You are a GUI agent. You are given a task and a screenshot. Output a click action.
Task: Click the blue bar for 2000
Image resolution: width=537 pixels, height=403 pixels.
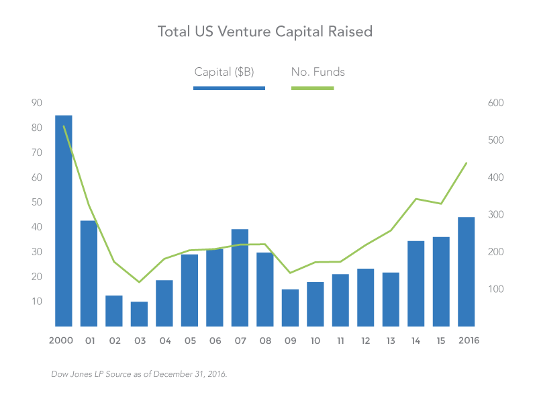(x=64, y=221)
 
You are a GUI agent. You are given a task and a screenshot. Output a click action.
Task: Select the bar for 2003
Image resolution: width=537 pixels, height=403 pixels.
(x=139, y=314)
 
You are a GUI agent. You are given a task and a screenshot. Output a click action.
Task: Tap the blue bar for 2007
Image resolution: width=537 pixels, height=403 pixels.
(x=240, y=277)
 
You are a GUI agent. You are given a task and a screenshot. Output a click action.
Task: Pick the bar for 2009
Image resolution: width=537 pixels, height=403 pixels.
(x=290, y=308)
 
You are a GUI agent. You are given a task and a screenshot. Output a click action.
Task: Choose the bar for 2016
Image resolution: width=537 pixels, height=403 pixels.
(x=466, y=272)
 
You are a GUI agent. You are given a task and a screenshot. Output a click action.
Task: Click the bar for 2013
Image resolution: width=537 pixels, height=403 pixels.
(x=391, y=300)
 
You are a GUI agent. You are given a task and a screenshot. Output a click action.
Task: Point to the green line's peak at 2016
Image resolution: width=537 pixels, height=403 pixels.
(x=467, y=163)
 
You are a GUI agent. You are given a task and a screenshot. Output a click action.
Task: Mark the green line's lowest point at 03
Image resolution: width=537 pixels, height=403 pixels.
(x=139, y=282)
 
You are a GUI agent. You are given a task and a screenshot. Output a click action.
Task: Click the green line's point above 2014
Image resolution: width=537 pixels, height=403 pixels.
(x=416, y=199)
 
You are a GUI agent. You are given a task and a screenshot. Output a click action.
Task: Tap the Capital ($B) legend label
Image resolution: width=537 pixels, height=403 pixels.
(x=224, y=72)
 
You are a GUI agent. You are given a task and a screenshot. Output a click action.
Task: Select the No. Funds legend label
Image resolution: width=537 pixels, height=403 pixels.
(x=318, y=72)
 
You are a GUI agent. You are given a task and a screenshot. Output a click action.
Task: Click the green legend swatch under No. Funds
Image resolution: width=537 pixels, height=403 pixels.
(x=312, y=88)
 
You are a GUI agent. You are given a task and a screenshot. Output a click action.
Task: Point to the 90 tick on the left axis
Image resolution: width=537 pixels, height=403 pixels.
(x=37, y=103)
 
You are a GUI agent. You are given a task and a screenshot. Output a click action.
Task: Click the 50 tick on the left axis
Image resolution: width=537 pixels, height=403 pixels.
(x=37, y=202)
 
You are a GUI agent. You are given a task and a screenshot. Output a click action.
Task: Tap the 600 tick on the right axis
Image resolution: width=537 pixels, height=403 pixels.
(x=495, y=103)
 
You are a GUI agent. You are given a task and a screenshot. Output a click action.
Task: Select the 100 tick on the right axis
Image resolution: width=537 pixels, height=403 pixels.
(x=495, y=289)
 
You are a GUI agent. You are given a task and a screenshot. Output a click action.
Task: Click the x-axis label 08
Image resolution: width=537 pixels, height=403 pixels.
(x=265, y=341)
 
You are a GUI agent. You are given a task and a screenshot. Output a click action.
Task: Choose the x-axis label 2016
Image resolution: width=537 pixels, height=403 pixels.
(x=469, y=341)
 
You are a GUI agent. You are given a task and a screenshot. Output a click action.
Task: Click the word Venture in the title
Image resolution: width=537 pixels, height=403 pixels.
(x=244, y=32)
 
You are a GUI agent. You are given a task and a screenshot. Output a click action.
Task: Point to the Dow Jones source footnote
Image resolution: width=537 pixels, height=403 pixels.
(x=139, y=374)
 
